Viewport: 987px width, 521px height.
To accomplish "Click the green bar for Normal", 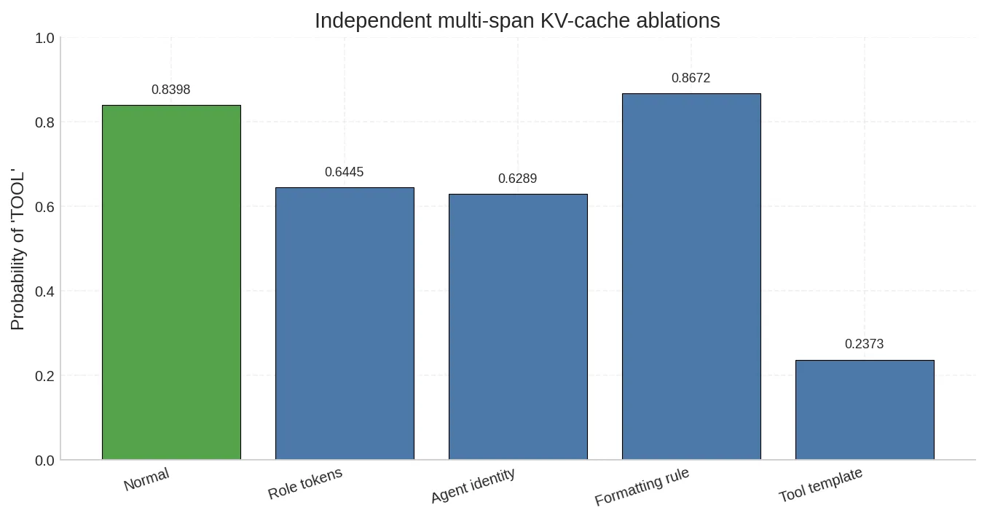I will (x=171, y=283).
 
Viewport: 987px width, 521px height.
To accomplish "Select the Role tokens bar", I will (x=345, y=324).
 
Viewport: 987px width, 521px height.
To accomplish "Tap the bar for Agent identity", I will (x=518, y=327).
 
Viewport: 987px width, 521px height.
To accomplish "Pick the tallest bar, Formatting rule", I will (x=691, y=277).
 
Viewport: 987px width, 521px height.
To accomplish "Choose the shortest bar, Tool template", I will (x=865, y=410).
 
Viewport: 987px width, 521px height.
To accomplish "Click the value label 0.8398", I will (x=171, y=90).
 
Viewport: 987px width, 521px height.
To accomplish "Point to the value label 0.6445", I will (x=345, y=172).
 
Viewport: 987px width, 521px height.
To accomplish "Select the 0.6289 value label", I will (x=518, y=179).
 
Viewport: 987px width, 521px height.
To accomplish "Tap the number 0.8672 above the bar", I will (x=691, y=78).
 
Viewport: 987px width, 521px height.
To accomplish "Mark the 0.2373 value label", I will (x=865, y=344).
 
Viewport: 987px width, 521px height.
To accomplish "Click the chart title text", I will (x=517, y=20).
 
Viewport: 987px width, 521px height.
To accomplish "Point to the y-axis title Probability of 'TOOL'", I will (x=18, y=251).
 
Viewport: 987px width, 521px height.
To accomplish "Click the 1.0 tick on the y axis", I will (x=44, y=38).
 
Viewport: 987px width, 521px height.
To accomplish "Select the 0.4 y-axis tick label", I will (x=44, y=291).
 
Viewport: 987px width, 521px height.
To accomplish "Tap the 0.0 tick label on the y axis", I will (x=44, y=461).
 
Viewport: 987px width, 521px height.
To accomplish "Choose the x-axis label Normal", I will (x=146, y=479).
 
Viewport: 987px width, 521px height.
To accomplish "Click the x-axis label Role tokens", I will (x=305, y=484).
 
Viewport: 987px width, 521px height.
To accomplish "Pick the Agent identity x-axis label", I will (x=473, y=485).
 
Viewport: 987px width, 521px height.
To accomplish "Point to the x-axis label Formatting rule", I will (x=642, y=487).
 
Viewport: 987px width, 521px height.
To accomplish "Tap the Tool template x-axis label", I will (x=821, y=485).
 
